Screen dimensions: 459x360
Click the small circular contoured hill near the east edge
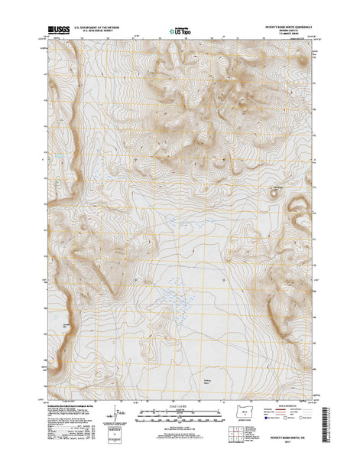click(x=274, y=193)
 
